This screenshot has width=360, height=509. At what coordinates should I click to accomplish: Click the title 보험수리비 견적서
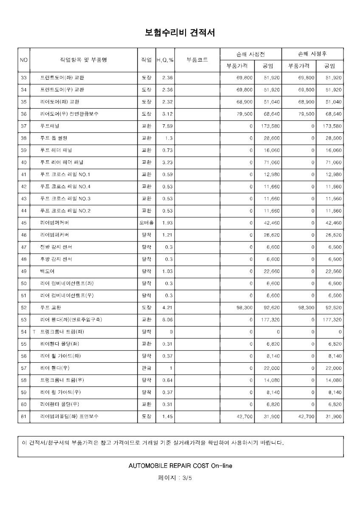[x=180, y=32]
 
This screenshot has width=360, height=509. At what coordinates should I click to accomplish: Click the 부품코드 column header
[x=197, y=60]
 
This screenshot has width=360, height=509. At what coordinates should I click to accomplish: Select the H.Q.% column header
[x=165, y=60]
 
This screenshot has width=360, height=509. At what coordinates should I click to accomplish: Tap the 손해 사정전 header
[x=253, y=54]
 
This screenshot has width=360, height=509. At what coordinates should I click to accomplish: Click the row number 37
[x=23, y=126]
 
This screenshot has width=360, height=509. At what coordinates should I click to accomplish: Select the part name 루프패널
[x=50, y=126]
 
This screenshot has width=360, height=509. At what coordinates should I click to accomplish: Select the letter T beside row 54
[x=34, y=332]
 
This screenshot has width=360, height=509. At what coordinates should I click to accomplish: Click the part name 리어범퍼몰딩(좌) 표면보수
[x=69, y=417]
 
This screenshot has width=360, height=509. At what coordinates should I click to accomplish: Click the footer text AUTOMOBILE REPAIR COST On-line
[x=180, y=466]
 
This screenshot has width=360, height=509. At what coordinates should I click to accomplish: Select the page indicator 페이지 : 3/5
[x=180, y=478]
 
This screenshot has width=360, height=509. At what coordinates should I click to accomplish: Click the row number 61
[x=23, y=417]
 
